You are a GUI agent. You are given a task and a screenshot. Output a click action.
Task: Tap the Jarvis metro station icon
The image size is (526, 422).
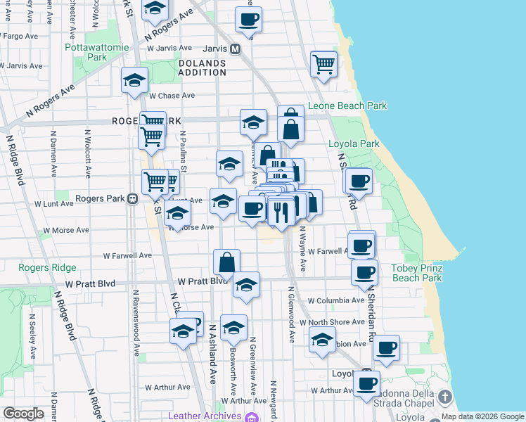(x=236, y=49)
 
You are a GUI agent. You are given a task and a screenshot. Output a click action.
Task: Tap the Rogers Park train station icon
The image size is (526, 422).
(x=131, y=198)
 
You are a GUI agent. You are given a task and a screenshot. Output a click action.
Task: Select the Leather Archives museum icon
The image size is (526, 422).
(x=251, y=416)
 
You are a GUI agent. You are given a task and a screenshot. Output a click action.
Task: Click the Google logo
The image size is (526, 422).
(x=23, y=414)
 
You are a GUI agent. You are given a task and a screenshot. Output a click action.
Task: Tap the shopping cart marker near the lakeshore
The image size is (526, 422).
(x=323, y=64)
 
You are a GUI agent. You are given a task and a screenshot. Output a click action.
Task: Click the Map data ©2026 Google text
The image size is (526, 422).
(x=482, y=416)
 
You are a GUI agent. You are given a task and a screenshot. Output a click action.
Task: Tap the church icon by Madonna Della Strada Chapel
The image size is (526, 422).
(x=444, y=397)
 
